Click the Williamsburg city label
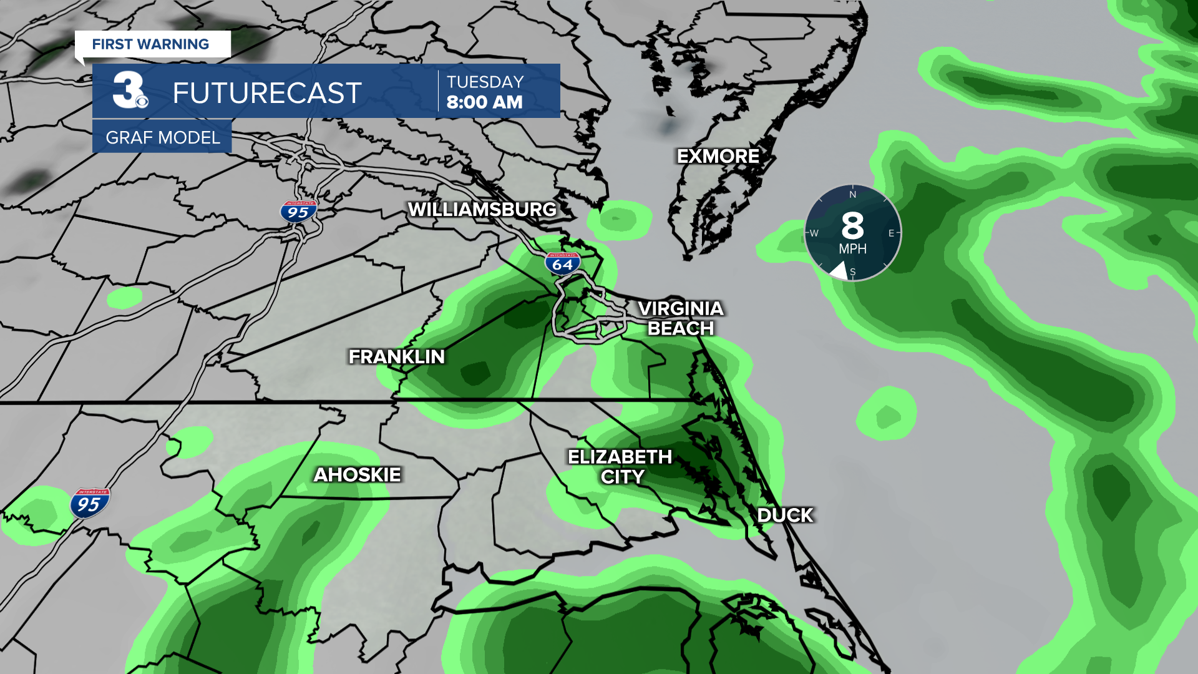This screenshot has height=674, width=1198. pos(482,210)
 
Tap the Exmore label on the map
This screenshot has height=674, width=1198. pos(718,156)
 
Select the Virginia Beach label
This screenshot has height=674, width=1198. pos(680,318)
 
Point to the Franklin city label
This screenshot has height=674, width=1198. pos(397,356)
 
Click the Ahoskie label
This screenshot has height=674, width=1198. pos(357,474)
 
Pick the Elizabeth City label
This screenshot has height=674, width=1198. pos(620,467)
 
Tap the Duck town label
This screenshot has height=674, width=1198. pos(785,515)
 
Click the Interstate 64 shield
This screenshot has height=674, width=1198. pos(562,263)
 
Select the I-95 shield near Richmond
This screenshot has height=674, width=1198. pos(298,212)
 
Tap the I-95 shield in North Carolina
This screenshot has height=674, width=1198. pos(90,503)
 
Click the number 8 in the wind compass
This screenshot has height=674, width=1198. pos(852,226)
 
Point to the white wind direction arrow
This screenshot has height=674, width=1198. pos(839,270)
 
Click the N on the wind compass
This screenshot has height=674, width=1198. pos(853,195)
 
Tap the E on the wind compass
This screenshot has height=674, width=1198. pos(891,233)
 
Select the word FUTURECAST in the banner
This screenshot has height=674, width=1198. pos(267,93)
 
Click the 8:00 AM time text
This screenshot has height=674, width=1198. pos(484,102)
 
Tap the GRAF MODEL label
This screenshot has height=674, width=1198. pos(162,137)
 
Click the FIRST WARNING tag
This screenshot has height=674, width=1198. pos(150,44)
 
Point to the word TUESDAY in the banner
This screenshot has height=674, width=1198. pos(485,82)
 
